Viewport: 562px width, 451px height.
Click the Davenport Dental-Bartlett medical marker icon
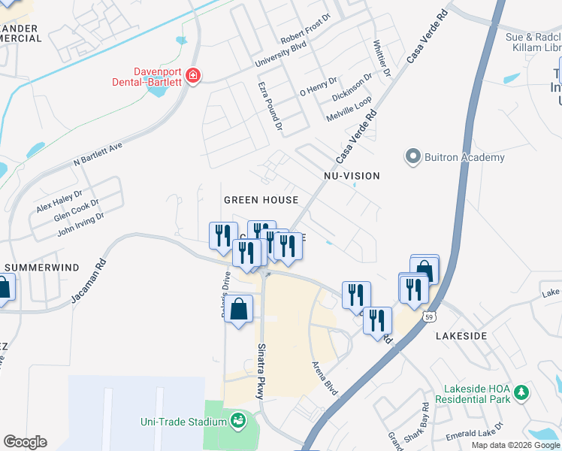pyautogui.click(x=194, y=76)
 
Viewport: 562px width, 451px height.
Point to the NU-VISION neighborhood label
pyautogui.click(x=351, y=176)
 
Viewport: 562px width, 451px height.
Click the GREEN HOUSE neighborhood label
pyautogui.click(x=261, y=200)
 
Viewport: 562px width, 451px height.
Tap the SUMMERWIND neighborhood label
pyautogui.click(x=36, y=267)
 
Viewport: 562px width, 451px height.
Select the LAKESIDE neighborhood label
pyautogui.click(x=461, y=335)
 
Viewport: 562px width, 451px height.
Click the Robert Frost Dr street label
pyautogui.click(x=306, y=37)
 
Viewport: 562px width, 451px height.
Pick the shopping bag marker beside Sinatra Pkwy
pyautogui.click(x=238, y=310)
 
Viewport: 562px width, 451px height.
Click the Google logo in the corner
pyautogui.click(x=25, y=442)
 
